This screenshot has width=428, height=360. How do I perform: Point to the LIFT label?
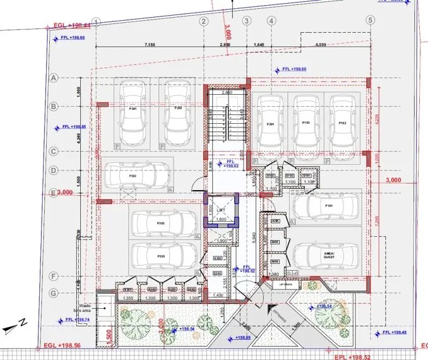click(220, 210)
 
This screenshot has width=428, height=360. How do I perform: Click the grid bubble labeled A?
click(54, 77)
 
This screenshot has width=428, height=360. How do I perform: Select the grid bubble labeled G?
click(54, 292)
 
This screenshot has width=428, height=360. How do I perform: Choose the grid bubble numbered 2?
click(204, 20)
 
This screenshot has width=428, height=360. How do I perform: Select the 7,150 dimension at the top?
click(150, 45)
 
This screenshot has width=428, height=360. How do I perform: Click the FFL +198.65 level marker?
click(74, 128)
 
